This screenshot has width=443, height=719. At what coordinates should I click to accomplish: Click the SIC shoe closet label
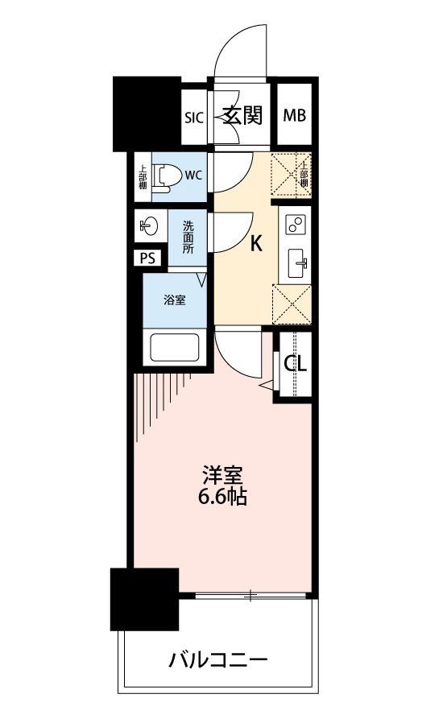point(193,118)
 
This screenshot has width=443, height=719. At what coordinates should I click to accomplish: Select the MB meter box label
point(295,115)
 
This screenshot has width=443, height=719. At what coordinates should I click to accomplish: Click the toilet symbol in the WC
point(164,177)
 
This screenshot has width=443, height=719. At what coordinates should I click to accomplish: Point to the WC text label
point(193,176)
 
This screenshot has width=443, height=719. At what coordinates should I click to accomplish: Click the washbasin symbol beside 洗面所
point(149,225)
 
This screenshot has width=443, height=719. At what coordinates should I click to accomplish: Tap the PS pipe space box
point(147,258)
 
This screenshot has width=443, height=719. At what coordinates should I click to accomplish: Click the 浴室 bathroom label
point(175,300)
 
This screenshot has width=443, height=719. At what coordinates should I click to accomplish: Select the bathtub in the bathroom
point(175,348)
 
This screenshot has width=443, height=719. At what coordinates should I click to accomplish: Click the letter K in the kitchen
point(256,244)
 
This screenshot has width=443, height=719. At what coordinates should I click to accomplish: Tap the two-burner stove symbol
point(295,224)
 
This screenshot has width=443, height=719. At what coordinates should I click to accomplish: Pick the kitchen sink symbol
point(296,263)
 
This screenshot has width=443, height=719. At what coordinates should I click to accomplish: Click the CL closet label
point(295,364)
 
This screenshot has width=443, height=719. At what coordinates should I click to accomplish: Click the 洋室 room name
point(223,476)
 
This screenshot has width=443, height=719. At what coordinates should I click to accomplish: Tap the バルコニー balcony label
point(217,660)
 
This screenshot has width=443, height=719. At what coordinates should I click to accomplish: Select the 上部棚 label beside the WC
point(143,177)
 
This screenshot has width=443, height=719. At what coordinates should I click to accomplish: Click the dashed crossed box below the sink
point(292,304)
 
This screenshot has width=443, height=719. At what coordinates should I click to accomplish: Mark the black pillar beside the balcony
point(144,599)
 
